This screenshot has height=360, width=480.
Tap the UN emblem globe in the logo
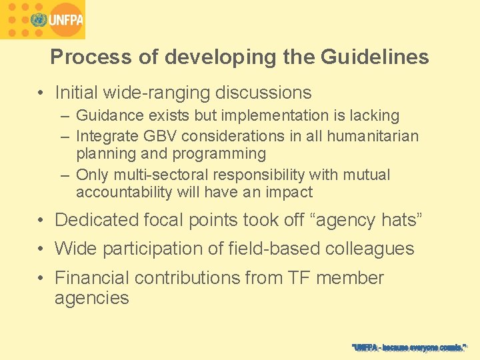tap(37, 20)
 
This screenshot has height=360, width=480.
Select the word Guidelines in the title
tap(375, 57)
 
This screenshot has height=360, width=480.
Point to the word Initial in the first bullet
tap(77, 92)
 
